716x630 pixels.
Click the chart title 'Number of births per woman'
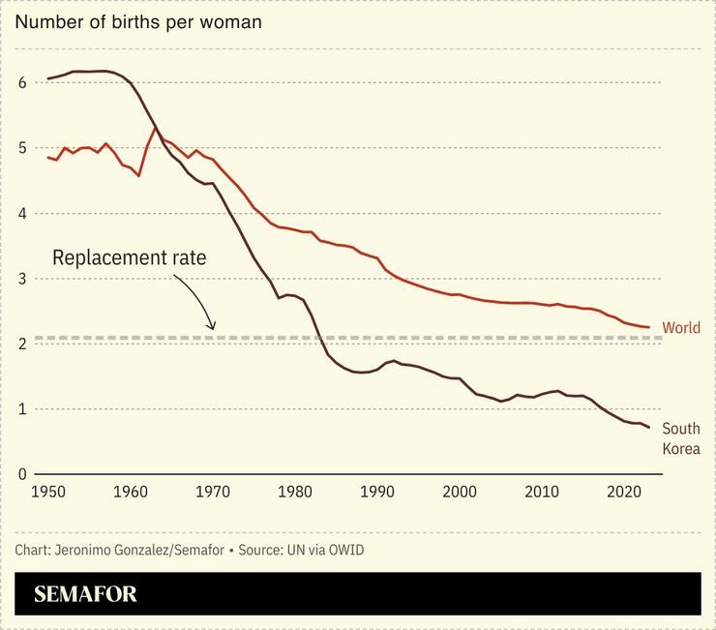click(x=138, y=21)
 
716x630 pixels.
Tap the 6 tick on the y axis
click(x=22, y=82)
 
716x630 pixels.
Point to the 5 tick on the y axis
click(x=22, y=148)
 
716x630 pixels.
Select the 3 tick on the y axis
click(x=22, y=279)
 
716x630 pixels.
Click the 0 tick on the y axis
click(x=22, y=474)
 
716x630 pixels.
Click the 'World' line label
click(x=681, y=328)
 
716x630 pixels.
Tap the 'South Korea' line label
click(x=681, y=438)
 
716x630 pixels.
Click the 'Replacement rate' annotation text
click(x=129, y=258)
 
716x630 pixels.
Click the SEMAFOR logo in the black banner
click(x=85, y=594)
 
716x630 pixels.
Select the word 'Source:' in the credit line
click(x=261, y=550)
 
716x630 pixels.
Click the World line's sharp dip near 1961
click(x=139, y=175)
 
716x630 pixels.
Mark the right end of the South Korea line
click(x=649, y=427)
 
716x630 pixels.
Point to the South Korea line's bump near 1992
click(x=394, y=360)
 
